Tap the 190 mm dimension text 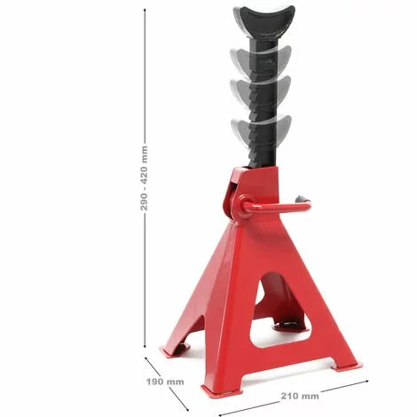tap(166, 382)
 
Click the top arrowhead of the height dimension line tap(145, 7)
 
